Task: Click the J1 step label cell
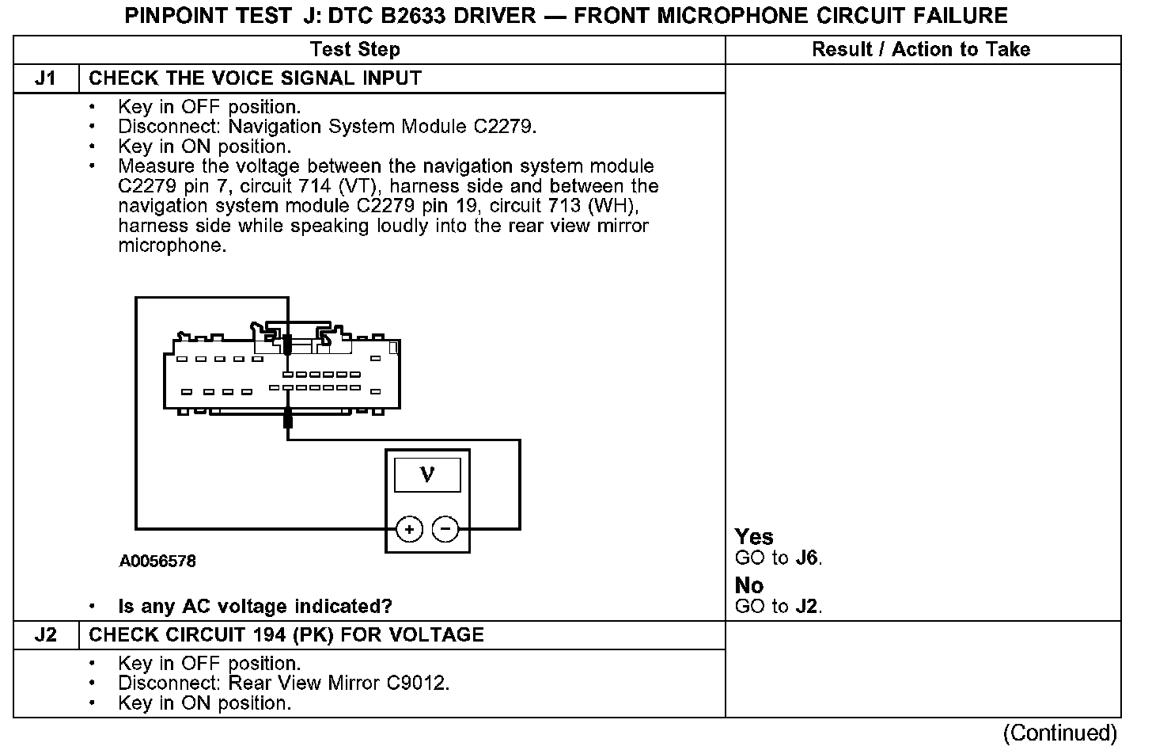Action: click(46, 79)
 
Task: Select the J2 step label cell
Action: click(46, 635)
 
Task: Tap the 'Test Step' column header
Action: click(355, 50)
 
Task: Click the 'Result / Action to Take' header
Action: click(921, 50)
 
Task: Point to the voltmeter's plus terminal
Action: click(409, 528)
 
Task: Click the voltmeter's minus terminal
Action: click(445, 528)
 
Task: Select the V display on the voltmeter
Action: click(427, 475)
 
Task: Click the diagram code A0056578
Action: click(157, 562)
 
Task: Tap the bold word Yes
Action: click(753, 537)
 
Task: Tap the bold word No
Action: click(748, 585)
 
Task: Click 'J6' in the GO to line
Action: click(806, 558)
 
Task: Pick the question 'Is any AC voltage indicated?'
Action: click(255, 607)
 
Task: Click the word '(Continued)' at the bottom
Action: click(1060, 733)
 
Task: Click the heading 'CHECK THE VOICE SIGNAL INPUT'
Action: click(255, 79)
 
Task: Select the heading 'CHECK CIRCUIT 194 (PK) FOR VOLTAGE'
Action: click(286, 635)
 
